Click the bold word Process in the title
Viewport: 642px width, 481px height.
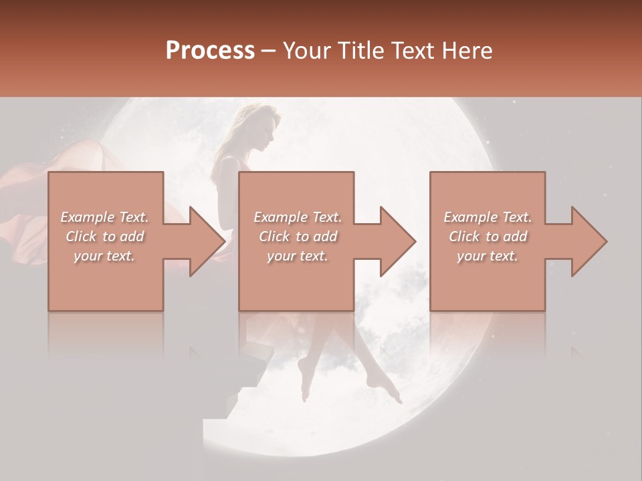click(210, 51)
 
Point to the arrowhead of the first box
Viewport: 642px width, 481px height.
click(204, 241)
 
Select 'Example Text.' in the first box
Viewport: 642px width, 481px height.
click(104, 217)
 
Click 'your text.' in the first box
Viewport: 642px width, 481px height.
click(104, 256)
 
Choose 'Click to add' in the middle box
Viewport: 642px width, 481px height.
click(297, 236)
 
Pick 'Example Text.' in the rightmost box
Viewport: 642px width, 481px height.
click(488, 217)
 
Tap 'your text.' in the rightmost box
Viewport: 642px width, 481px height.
click(488, 256)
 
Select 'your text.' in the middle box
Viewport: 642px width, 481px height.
click(297, 256)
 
